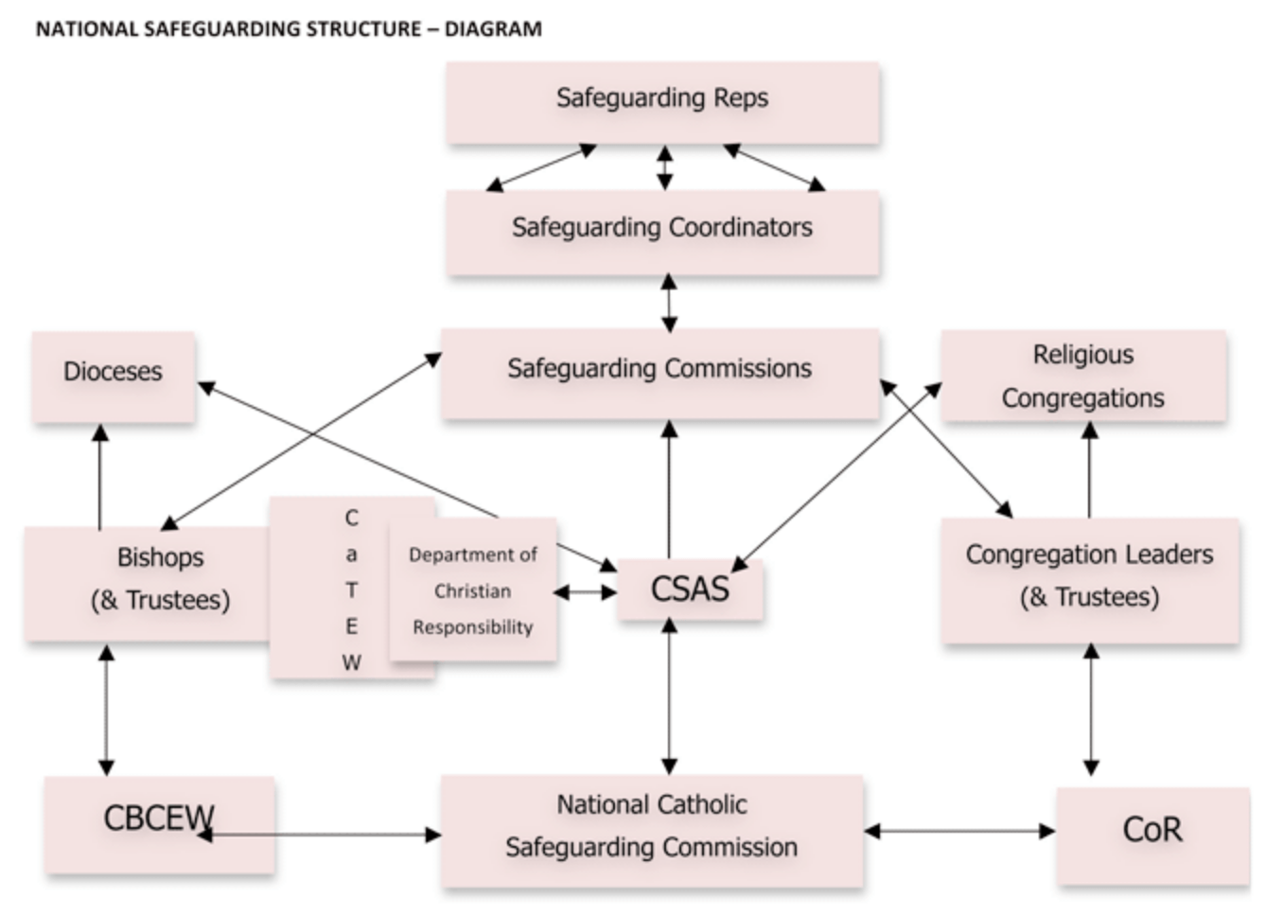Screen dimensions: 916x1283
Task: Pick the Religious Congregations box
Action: (x=1083, y=376)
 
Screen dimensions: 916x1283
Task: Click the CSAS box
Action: (x=690, y=589)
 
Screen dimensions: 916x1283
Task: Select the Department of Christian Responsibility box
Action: (x=473, y=590)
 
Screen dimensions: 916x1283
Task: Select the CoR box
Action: (x=1151, y=831)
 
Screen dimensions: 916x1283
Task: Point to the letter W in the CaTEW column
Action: (x=351, y=662)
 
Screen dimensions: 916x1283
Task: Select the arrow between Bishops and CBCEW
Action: (x=106, y=710)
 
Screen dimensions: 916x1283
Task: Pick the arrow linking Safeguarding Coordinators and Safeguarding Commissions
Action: (x=669, y=303)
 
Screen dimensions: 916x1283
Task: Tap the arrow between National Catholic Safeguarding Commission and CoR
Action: (x=959, y=831)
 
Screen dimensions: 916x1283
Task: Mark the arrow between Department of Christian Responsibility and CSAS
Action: (x=585, y=592)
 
